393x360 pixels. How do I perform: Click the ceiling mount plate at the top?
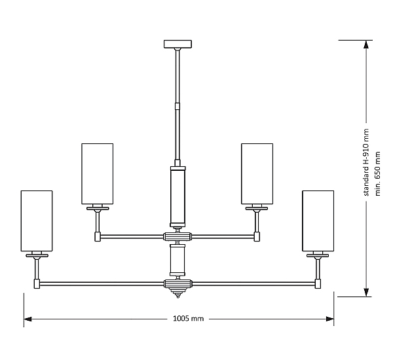coord(177,45)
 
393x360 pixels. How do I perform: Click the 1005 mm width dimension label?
coord(190,319)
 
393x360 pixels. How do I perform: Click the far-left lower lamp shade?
coord(36,221)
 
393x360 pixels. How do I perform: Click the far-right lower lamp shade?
coord(318,221)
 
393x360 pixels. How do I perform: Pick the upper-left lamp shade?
coord(97,173)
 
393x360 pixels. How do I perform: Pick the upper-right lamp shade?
coord(257,173)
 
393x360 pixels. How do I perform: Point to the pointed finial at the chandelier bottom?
coord(177,296)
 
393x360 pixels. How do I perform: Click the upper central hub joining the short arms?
coord(177,236)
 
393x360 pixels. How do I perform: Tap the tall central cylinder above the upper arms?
coord(177,196)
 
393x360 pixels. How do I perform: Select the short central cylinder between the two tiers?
coord(177,261)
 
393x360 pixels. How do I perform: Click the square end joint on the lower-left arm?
coord(37,283)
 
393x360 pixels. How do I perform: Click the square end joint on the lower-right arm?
coord(318,283)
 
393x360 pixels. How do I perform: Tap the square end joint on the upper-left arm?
coord(97,236)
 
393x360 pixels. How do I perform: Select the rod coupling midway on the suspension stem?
coord(177,104)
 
